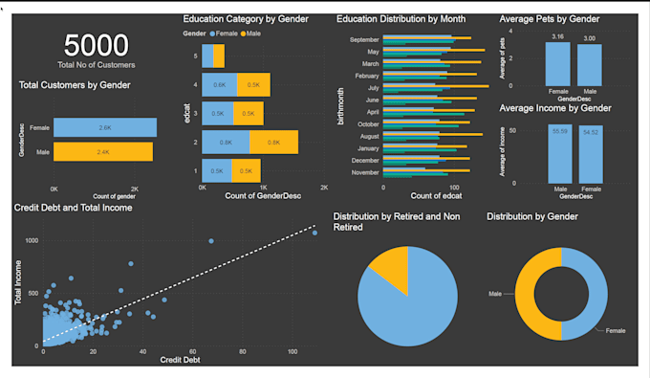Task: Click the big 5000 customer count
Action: point(96,45)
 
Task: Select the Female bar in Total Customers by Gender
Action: point(104,127)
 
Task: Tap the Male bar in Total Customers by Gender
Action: point(102,151)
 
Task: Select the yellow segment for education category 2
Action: point(273,143)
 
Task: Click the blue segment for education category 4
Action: point(219,85)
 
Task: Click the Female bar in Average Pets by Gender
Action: point(558,65)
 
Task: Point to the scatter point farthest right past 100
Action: point(314,233)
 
